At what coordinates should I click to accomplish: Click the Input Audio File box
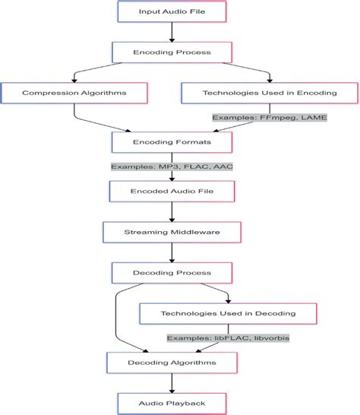click(172, 11)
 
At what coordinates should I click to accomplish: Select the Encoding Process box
click(172, 52)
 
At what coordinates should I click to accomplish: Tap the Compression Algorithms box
click(74, 93)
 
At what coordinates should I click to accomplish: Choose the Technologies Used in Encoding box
click(270, 93)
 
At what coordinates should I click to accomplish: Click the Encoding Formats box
click(172, 142)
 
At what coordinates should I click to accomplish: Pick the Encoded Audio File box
click(172, 192)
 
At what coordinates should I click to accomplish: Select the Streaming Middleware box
click(172, 232)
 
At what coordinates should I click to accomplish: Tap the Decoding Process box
click(172, 273)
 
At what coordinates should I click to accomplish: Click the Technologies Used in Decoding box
click(229, 314)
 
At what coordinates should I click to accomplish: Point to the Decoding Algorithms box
click(172, 363)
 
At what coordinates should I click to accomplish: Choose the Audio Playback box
click(172, 404)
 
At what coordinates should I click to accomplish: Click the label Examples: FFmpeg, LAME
click(270, 118)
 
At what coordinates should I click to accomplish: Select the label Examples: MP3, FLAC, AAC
click(172, 166)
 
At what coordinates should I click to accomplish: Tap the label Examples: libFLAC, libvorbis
click(229, 338)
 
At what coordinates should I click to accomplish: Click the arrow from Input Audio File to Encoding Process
click(172, 32)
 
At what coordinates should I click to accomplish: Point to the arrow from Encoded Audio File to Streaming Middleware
click(172, 212)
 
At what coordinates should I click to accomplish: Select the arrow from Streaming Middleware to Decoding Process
click(172, 253)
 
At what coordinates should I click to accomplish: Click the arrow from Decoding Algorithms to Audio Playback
click(172, 383)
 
